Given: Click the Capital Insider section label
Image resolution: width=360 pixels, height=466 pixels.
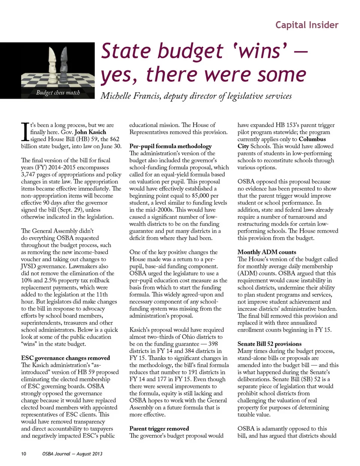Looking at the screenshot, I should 307,25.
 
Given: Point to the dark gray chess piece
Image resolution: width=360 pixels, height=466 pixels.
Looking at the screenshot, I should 64,64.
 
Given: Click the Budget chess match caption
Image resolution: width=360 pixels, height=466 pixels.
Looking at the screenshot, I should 58,93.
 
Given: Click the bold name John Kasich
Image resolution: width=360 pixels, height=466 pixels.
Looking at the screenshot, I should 90,132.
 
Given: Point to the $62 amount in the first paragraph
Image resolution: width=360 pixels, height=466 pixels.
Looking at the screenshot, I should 114,139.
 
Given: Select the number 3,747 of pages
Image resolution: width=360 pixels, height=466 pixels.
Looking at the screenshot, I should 31,174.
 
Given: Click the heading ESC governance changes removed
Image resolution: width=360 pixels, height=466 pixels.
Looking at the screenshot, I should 66,358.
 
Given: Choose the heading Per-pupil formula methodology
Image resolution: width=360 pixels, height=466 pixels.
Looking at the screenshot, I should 170,146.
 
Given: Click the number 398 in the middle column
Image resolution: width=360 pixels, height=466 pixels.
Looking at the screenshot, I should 213,344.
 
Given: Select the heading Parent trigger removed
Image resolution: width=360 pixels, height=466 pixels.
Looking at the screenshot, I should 159,428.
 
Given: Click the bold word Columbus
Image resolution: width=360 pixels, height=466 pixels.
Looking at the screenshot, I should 312,139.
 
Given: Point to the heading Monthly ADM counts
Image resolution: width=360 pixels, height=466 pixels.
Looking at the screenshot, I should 267,252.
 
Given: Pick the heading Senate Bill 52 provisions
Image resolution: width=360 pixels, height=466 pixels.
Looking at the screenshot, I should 269,344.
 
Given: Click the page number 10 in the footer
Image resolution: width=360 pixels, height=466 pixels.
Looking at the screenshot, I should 24,454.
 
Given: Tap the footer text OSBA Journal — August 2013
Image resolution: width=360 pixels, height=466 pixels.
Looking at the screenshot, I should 72,454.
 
